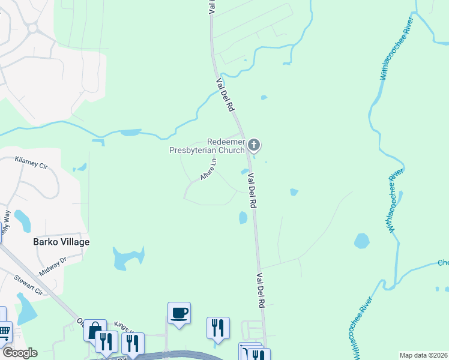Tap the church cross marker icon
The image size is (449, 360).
pyautogui.click(x=254, y=144)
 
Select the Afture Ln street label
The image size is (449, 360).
pyautogui.click(x=208, y=170)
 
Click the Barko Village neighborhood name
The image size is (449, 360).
pyautogui.click(x=61, y=242)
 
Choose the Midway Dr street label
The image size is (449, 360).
pyautogui.click(x=53, y=266)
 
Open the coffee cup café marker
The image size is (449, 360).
pyautogui.click(x=179, y=313)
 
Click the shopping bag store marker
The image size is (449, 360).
pyautogui.click(x=95, y=330)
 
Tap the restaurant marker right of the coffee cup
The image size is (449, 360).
pyautogui.click(x=218, y=328)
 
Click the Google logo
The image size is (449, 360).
pyautogui.click(x=19, y=352)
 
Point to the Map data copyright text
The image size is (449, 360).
pyautogui.click(x=423, y=355)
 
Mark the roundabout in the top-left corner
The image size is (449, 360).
pyautogui.click(x=31, y=28)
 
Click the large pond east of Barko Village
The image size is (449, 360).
pyautogui.click(x=128, y=258)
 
